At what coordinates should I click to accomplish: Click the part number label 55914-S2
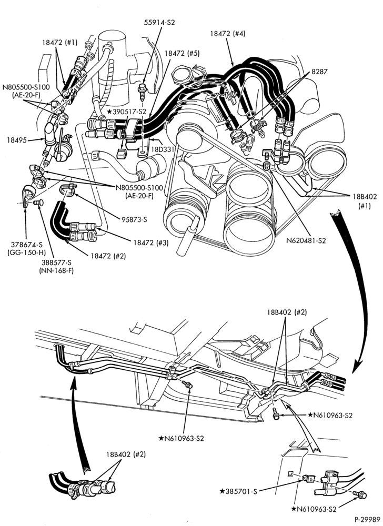159,23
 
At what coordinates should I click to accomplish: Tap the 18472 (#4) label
228,34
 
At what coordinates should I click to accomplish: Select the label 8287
319,72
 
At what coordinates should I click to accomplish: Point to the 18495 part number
16,140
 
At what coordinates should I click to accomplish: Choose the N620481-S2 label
306,240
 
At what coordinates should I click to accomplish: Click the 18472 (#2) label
108,256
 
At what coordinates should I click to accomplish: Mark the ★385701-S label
238,492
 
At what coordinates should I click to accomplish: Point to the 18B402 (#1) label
364,201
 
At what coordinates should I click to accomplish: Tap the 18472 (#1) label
59,42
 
